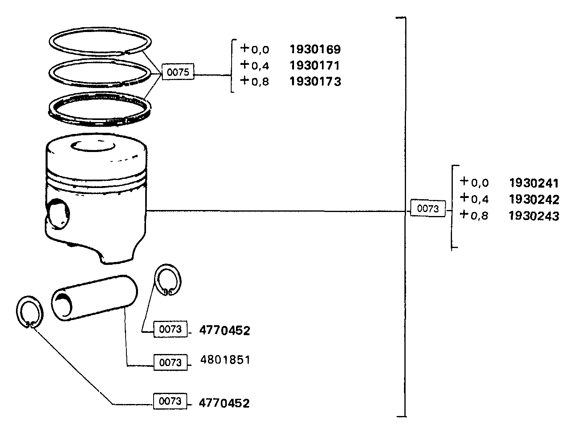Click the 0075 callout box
point(178,71)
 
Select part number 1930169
point(315,49)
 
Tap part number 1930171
point(315,65)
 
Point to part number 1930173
point(315,82)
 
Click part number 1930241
point(534,183)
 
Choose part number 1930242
point(534,200)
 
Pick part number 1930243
point(534,216)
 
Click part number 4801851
point(225,360)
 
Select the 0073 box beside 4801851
point(170,362)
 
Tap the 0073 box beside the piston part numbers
point(428,208)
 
